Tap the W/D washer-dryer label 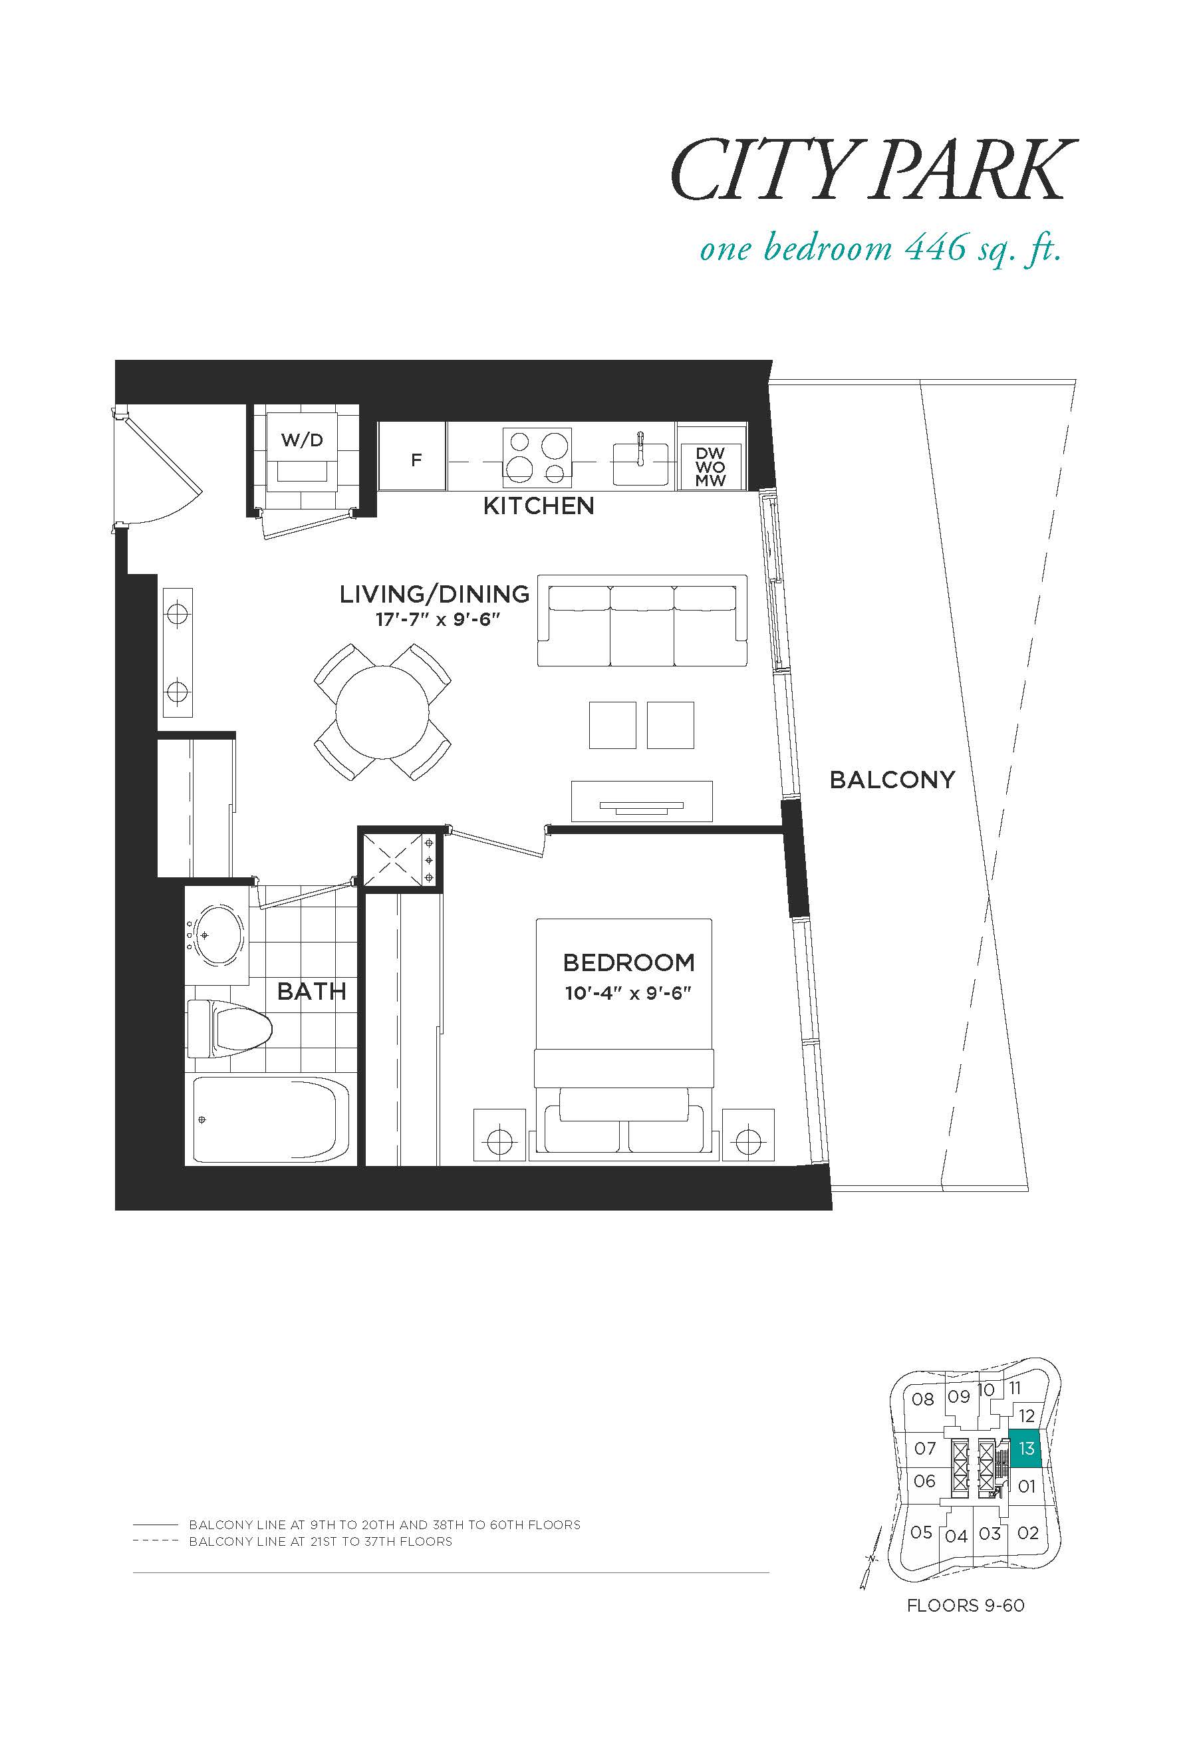coord(302,440)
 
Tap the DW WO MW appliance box coord(710,466)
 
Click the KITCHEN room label coord(539,506)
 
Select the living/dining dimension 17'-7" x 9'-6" coord(438,620)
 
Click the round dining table coord(382,712)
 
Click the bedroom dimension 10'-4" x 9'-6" coord(628,993)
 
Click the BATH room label coord(312,992)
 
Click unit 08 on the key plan coord(923,1399)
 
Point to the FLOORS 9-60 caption coord(966,1606)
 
